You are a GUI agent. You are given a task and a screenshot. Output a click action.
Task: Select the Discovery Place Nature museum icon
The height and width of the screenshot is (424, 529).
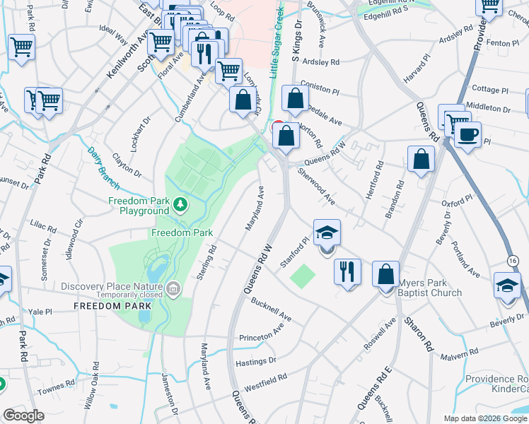tap(174, 287)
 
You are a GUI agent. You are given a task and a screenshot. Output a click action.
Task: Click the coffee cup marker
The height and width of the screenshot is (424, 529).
tap(467, 134)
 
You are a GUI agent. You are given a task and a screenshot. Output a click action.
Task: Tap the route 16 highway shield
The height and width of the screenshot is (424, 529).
tap(513, 261)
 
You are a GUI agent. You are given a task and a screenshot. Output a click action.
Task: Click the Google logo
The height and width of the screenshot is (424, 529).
tap(23, 416)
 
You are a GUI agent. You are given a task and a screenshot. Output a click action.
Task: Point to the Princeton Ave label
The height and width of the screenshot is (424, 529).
tap(262, 333)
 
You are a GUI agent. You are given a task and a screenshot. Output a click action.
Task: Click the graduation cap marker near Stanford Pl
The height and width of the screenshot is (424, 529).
tap(327, 232)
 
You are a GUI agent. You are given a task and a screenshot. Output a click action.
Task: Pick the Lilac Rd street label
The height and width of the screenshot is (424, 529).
tap(43, 228)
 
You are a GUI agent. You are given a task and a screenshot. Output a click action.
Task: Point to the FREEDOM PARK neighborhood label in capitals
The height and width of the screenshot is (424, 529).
tap(112, 306)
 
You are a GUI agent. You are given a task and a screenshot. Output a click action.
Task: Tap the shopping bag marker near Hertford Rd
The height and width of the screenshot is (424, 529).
tap(421, 160)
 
